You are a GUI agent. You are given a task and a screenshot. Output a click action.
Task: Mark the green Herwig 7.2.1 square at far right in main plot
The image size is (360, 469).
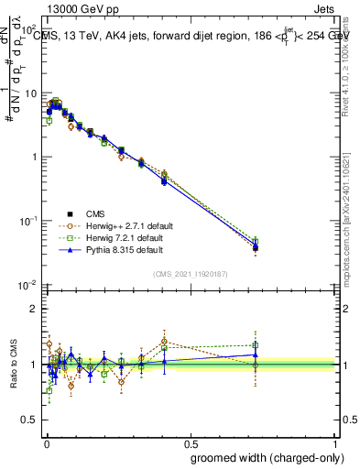click(256, 242)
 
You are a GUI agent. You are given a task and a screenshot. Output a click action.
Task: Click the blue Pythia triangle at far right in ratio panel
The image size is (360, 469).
click(256, 354)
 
